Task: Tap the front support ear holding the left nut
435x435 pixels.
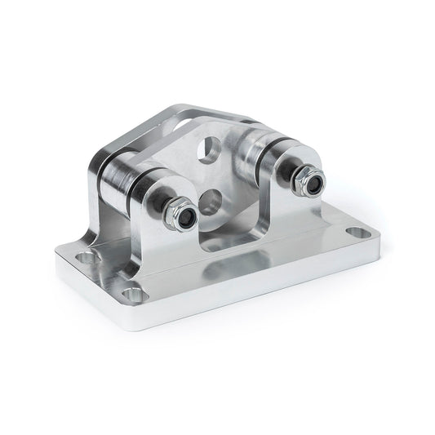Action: click(163, 245)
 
